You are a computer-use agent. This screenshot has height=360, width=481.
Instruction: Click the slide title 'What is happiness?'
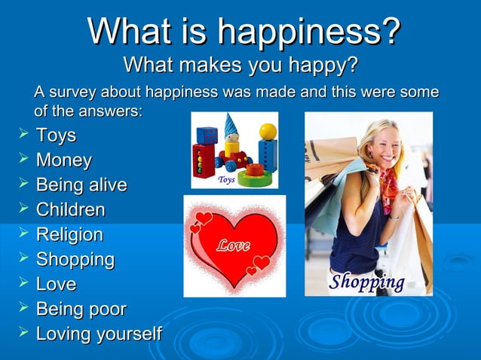[x=243, y=32]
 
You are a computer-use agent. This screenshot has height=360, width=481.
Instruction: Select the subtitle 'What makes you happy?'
[x=240, y=66]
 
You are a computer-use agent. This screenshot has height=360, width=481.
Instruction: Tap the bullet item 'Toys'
[x=56, y=136]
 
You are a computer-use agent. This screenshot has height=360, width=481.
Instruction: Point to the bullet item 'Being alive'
[x=81, y=185]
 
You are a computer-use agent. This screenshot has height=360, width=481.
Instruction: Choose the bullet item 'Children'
[x=71, y=210]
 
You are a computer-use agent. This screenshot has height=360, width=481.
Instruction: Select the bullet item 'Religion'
[x=69, y=235]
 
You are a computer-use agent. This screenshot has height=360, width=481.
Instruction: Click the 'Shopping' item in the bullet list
[x=75, y=260]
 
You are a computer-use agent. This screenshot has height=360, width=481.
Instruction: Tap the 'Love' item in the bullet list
[x=56, y=285]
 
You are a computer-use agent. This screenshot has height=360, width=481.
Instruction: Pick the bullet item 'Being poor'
[x=81, y=309]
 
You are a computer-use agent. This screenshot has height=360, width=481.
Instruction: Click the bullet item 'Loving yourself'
[x=99, y=334]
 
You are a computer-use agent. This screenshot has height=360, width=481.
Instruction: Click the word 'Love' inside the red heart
[x=234, y=246]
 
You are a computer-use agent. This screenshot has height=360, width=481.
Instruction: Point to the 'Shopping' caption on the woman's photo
[x=367, y=282]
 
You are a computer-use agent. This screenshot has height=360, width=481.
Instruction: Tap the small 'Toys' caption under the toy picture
[x=226, y=181]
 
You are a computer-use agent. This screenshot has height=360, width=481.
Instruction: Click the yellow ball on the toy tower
[x=268, y=132]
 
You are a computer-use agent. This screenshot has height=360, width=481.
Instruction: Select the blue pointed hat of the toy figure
[x=230, y=123]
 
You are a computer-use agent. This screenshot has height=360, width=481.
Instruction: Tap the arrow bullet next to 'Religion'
[x=22, y=234]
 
